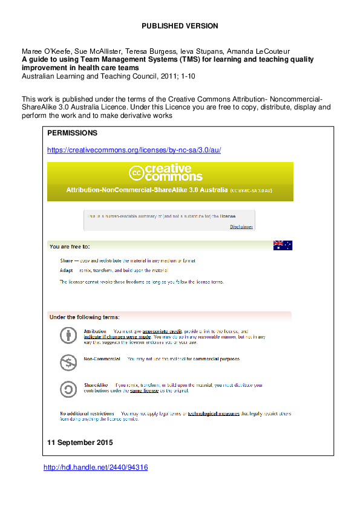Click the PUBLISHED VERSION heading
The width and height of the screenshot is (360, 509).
[180, 26]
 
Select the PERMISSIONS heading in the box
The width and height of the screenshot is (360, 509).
[72, 132]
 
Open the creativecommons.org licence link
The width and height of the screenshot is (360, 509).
[134, 150]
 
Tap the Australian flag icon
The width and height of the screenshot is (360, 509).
[283, 245]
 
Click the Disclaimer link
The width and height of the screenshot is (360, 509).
[241, 227]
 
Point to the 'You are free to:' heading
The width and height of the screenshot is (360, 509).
[70, 247]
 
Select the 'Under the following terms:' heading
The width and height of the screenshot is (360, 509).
[85, 317]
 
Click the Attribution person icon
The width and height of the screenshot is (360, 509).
[68, 334]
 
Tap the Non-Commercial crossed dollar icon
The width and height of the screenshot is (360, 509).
[68, 361]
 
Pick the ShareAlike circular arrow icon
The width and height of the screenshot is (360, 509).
[68, 388]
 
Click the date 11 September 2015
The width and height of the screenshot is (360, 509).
[79, 443]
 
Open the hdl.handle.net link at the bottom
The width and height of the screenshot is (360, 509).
[96, 467]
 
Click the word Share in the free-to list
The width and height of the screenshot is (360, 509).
[66, 260]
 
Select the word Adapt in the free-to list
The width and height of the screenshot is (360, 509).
[67, 270]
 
